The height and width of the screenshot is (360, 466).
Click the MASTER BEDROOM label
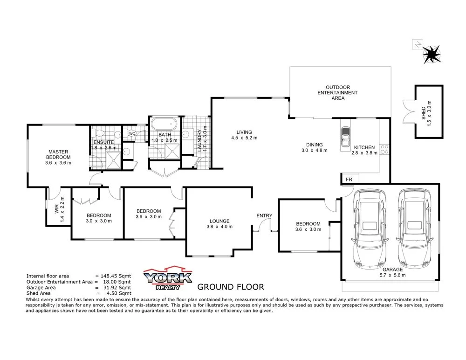(x=58, y=154)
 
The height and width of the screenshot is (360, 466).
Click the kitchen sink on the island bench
(x=346, y=137)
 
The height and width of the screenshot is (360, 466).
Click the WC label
(x=132, y=133)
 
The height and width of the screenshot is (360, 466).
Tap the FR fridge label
(x=349, y=179)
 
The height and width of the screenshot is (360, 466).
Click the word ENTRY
(x=264, y=215)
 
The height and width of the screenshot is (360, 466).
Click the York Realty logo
(x=168, y=277)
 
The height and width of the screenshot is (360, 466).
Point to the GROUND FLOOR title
(x=231, y=287)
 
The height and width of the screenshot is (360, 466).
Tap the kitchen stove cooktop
(x=385, y=149)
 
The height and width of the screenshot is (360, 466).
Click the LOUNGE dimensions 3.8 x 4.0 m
(x=219, y=227)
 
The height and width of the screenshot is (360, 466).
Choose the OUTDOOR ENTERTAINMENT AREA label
(x=338, y=93)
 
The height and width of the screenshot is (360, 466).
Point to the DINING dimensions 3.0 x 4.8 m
(x=315, y=150)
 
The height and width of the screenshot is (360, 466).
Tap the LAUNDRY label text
(x=199, y=140)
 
